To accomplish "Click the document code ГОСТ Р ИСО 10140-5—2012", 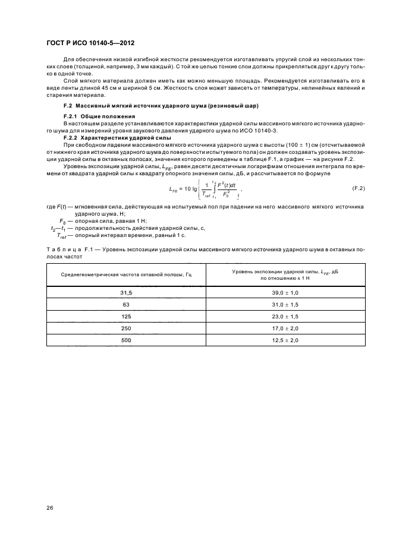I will [86, 43].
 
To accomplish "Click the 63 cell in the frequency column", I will [126, 305].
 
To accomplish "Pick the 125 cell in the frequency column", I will [126, 316].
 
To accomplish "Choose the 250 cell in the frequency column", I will [126, 328].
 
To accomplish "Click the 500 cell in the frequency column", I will [126, 339].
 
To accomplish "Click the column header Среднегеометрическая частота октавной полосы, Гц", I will [126, 274].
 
